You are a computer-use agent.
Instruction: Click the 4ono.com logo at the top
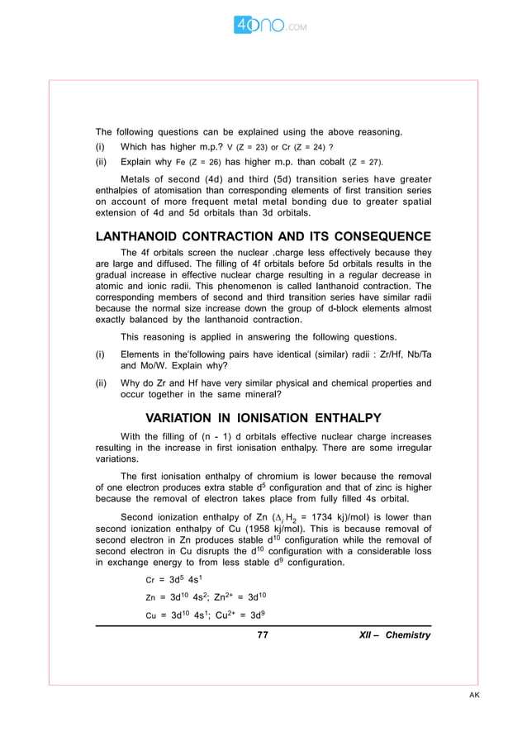pos(270,26)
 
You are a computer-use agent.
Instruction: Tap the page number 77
pos(263,634)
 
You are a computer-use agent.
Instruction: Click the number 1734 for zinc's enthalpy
pos(331,518)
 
